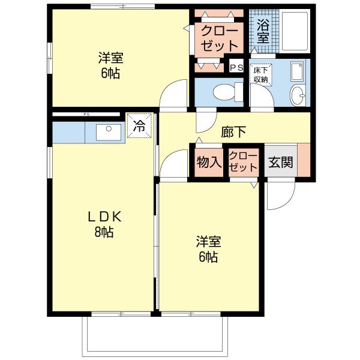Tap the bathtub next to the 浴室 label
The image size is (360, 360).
(x=295, y=31)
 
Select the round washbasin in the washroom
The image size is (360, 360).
(x=298, y=95)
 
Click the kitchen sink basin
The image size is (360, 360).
(x=109, y=132)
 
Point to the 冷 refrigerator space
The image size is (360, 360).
(x=140, y=126)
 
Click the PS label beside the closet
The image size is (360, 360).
(x=236, y=67)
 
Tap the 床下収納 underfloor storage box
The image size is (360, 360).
(x=260, y=75)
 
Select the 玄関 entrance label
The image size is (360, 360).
(x=281, y=163)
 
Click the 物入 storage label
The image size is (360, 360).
(x=209, y=162)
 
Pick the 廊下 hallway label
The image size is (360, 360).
(x=233, y=132)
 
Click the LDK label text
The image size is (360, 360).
(x=104, y=217)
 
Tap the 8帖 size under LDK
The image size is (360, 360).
(x=104, y=232)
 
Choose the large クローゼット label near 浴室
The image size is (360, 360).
(x=219, y=38)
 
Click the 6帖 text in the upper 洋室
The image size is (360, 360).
(x=110, y=73)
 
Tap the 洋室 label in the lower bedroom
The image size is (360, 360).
(x=208, y=242)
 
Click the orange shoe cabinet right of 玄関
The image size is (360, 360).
(x=304, y=160)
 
